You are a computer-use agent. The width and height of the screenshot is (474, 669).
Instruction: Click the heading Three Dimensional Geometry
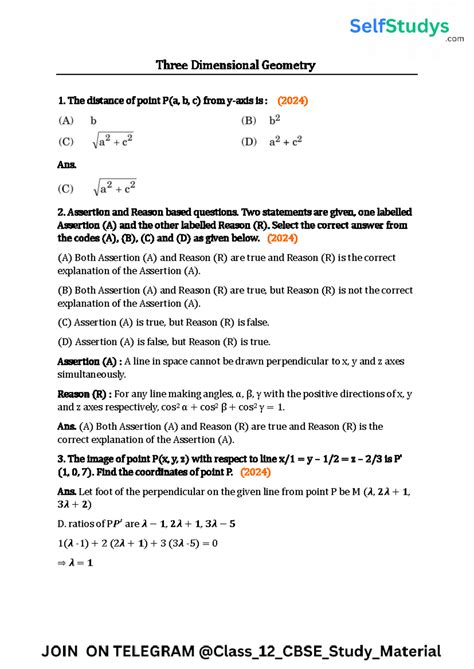click(236, 65)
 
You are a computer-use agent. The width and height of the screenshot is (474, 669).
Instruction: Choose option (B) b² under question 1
click(262, 120)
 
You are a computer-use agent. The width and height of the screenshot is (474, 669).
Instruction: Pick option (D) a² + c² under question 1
click(272, 142)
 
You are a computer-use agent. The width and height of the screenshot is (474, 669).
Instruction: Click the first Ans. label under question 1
click(68, 165)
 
